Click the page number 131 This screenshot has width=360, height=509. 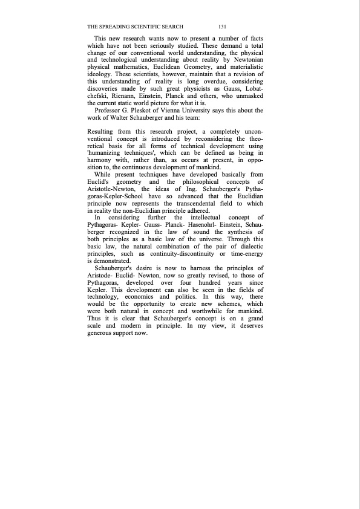click(x=222, y=27)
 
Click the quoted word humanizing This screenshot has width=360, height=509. click(x=110, y=154)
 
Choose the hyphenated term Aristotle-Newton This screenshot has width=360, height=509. click(x=112, y=190)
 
